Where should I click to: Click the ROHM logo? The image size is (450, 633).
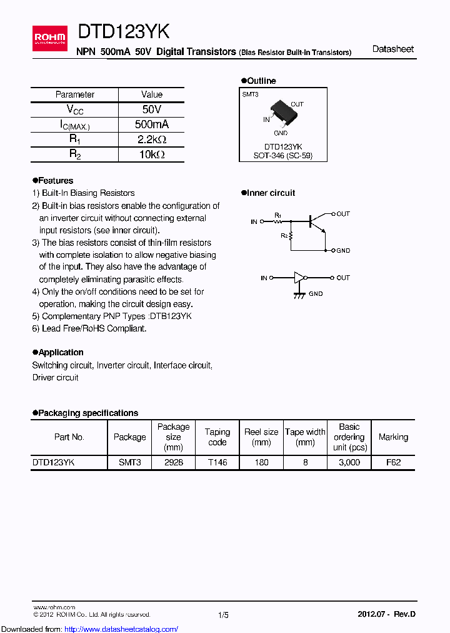(x=49, y=38)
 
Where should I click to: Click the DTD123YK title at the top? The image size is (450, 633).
(x=123, y=32)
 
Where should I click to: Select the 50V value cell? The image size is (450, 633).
(x=152, y=109)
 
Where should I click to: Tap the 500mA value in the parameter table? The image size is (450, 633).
(x=152, y=124)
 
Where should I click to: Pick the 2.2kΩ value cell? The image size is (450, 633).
(x=152, y=139)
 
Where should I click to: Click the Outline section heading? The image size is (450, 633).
(x=261, y=81)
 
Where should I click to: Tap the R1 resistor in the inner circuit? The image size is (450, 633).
(x=278, y=221)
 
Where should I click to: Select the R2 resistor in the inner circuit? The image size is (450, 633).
(x=292, y=236)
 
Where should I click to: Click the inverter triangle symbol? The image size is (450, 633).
(x=301, y=278)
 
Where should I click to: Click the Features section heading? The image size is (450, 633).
(x=55, y=181)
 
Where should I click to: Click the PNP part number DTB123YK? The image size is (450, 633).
(x=171, y=316)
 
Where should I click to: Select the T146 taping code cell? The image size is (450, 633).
(x=217, y=462)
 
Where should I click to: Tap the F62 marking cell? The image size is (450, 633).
(x=393, y=462)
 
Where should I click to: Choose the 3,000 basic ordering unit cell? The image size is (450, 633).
(x=349, y=462)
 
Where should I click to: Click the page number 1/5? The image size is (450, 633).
(x=223, y=615)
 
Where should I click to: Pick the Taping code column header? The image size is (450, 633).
(x=217, y=437)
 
